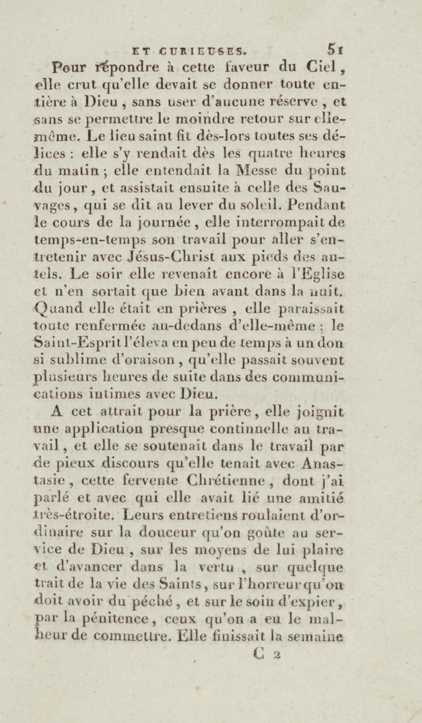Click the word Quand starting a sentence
[x=56, y=309]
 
